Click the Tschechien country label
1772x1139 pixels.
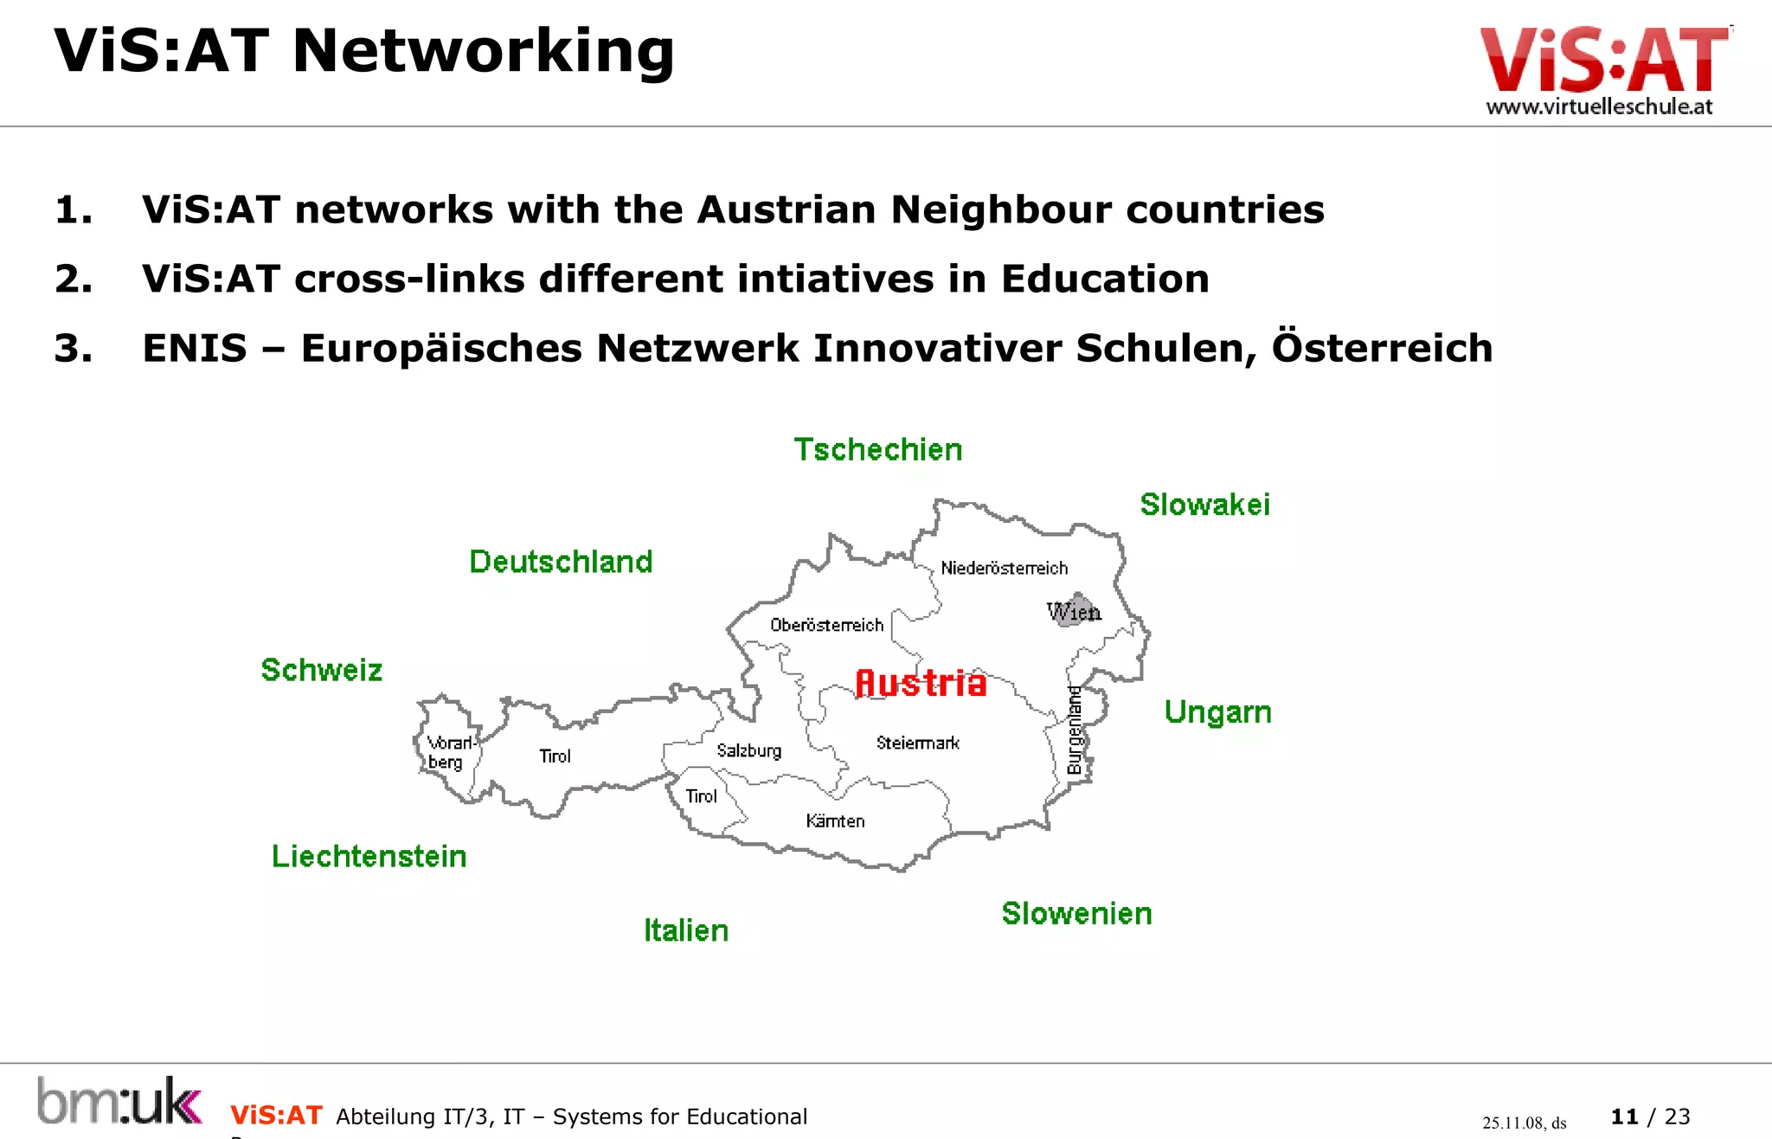point(877,450)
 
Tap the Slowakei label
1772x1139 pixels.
point(1204,505)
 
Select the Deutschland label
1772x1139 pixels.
point(561,562)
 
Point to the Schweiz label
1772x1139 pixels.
point(322,670)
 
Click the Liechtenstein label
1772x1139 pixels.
point(369,856)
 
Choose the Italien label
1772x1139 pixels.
point(686,930)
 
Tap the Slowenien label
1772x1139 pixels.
point(1076,913)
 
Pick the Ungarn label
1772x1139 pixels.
point(1217,711)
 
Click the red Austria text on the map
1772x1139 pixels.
point(921,683)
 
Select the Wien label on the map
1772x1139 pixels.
point(1074,612)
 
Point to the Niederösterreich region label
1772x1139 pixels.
point(1004,569)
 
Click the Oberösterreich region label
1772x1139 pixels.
point(826,625)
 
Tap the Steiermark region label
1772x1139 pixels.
point(917,743)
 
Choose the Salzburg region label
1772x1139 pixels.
point(748,750)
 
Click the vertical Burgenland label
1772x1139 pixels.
point(1075,730)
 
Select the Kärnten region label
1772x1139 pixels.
point(835,820)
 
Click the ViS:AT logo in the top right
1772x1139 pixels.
point(1602,69)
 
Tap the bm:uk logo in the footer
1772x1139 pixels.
point(119,1101)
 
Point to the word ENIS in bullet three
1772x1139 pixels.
point(195,348)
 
